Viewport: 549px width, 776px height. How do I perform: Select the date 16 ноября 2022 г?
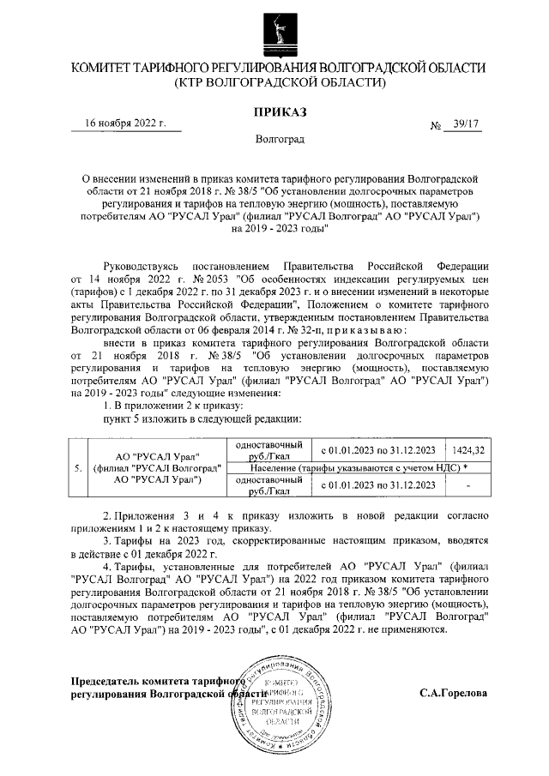point(125,123)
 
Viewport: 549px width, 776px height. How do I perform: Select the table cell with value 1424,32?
point(469,450)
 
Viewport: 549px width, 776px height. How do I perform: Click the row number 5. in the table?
point(78,468)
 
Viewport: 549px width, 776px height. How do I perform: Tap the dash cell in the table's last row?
point(469,486)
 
